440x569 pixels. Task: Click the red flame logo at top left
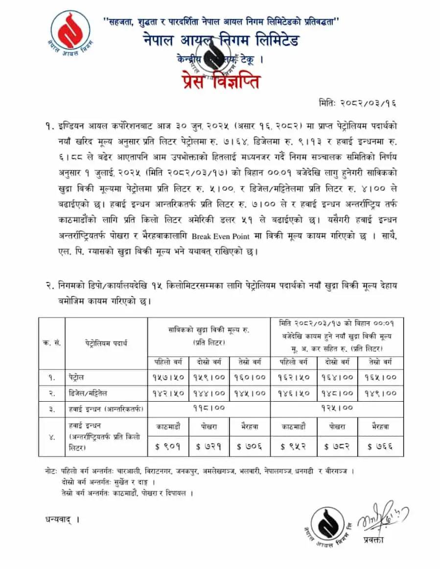pyautogui.click(x=71, y=33)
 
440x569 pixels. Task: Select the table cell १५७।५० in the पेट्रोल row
pyautogui.click(x=168, y=377)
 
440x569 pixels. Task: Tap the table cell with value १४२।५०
pyautogui.click(x=168, y=393)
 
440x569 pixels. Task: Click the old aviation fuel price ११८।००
pyautogui.click(x=209, y=408)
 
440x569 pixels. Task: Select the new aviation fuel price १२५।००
pyautogui.click(x=337, y=408)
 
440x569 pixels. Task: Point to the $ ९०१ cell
pyautogui.click(x=168, y=446)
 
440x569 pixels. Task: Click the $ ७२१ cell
pyautogui.click(x=209, y=446)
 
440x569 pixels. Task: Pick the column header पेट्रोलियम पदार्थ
pyautogui.click(x=106, y=342)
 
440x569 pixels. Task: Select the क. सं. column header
pyautogui.click(x=52, y=342)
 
